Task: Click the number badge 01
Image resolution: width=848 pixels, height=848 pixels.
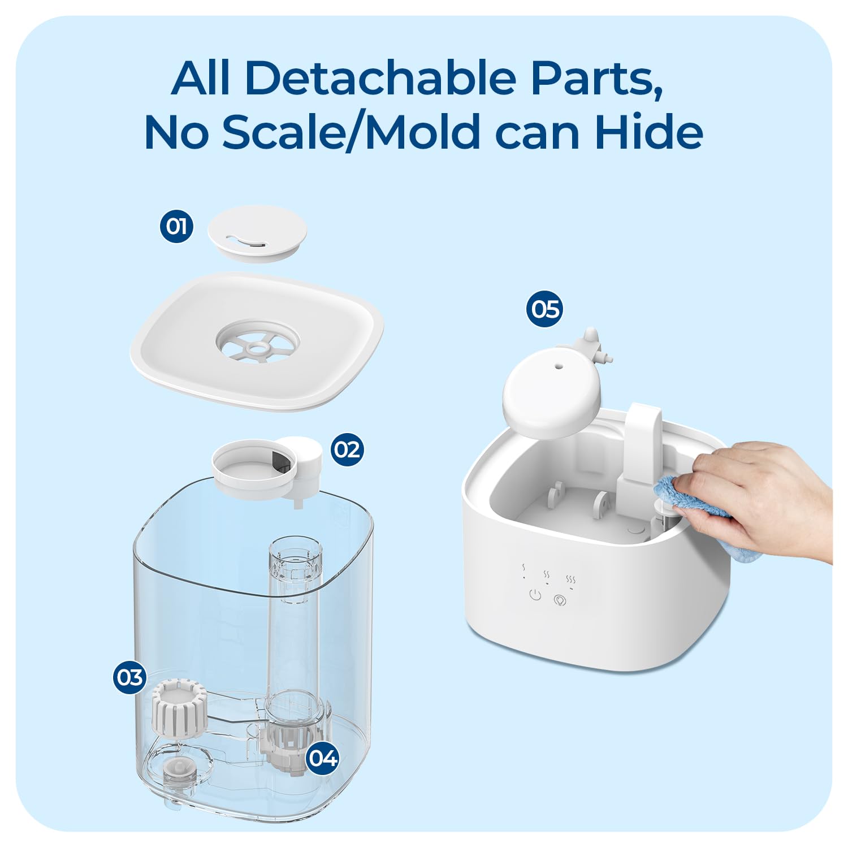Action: click(x=176, y=226)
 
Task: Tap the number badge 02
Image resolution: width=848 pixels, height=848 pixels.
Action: click(x=347, y=449)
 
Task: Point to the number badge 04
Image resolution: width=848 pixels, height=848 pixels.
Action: click(x=323, y=758)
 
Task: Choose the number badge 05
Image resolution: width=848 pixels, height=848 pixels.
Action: click(x=545, y=309)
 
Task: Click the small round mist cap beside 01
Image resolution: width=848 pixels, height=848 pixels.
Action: click(x=257, y=232)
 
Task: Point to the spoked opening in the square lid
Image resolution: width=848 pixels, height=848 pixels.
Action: click(x=257, y=342)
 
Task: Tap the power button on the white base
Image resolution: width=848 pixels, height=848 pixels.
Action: click(x=535, y=595)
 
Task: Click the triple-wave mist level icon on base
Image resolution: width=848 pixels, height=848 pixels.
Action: click(x=571, y=581)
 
